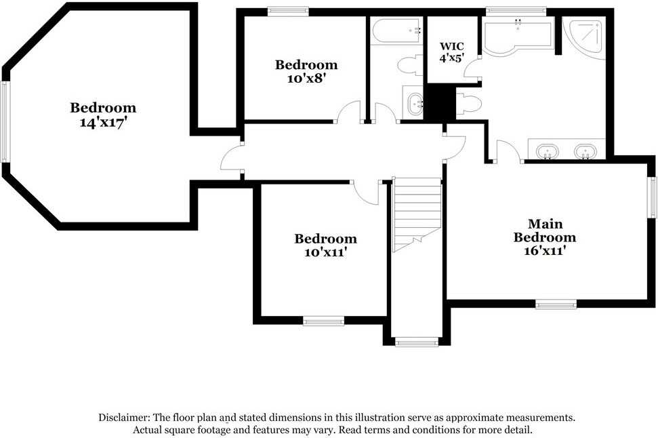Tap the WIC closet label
click(451, 46)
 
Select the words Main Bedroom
click(545, 231)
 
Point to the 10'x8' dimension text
click(306, 78)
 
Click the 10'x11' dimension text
click(325, 252)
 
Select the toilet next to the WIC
click(469, 103)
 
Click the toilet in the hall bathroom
click(409, 66)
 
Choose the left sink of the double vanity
click(546, 151)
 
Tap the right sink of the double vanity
click(585, 151)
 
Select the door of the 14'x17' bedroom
click(231, 161)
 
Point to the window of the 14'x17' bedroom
click(6, 121)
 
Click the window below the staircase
click(412, 342)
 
